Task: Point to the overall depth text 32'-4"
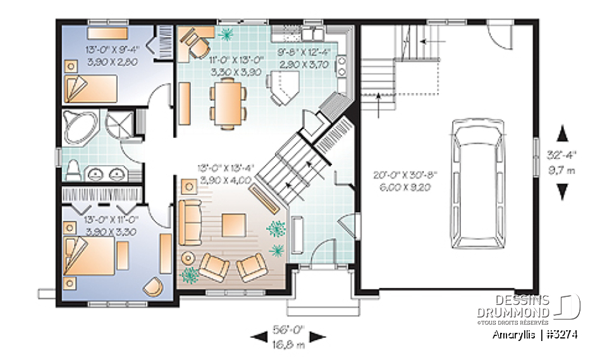click(561, 153)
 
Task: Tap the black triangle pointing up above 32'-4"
click(561, 133)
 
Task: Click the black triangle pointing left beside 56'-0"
click(259, 337)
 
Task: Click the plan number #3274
click(561, 334)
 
